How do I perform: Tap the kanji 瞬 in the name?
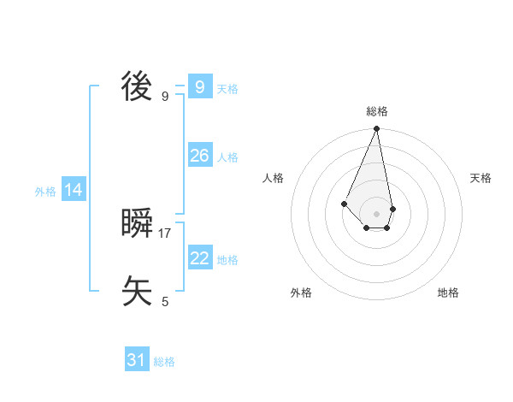[x=137, y=225]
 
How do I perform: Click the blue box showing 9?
[x=199, y=86]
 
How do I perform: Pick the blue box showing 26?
[x=199, y=155]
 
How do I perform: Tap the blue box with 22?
[x=199, y=257]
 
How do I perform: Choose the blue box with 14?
[x=74, y=190]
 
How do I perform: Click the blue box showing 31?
[x=137, y=360]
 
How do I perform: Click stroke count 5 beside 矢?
[x=165, y=301]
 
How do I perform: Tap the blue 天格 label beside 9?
[x=227, y=89]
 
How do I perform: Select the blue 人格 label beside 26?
[x=227, y=157]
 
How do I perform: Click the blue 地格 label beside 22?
[x=227, y=260]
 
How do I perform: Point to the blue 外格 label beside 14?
[x=45, y=192]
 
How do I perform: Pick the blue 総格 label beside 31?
[x=164, y=363]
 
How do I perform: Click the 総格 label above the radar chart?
[x=377, y=111]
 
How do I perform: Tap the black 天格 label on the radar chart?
[x=481, y=178]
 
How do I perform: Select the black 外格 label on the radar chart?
[x=301, y=293]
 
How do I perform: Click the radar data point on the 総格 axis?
[x=377, y=129]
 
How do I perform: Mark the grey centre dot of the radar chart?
[x=377, y=213]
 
